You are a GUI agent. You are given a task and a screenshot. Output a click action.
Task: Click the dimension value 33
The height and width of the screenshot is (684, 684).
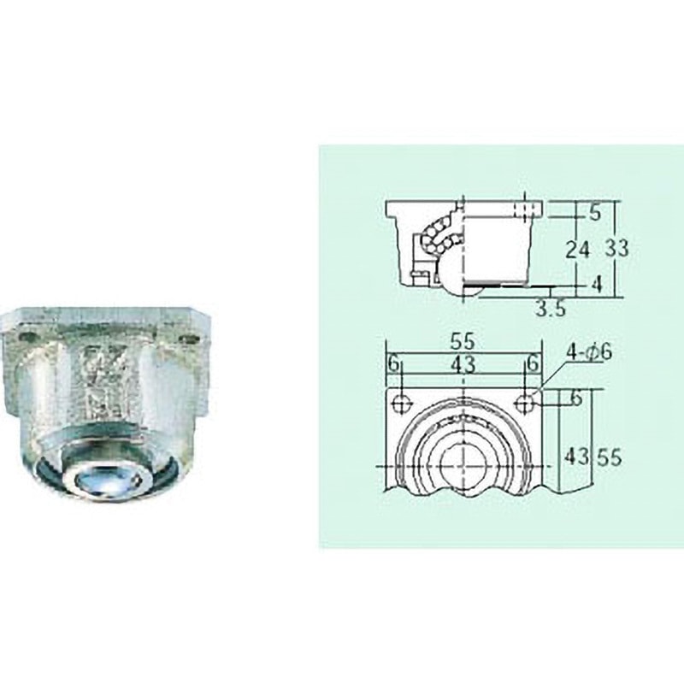pos(616,249)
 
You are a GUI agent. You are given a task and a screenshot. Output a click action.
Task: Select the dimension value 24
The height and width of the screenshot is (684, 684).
pos(578,250)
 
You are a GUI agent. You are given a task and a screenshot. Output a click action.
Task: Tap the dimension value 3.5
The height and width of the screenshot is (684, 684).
pos(551,309)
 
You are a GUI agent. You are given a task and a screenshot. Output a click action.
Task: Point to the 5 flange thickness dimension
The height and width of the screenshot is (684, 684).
pos(595,213)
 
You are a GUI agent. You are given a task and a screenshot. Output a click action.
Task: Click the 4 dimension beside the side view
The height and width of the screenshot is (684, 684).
pos(596,284)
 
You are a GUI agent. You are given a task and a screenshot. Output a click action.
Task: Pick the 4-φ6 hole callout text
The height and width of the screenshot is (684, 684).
pos(589,352)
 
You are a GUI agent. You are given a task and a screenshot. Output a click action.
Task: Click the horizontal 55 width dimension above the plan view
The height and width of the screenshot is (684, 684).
pos(463,341)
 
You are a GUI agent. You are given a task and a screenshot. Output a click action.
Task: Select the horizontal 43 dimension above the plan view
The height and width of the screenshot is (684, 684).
pos(463,364)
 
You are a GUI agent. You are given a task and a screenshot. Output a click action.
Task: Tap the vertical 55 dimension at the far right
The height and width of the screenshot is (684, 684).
pos(610,458)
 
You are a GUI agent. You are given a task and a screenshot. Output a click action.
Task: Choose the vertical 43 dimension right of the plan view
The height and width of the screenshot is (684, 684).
pos(576,457)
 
